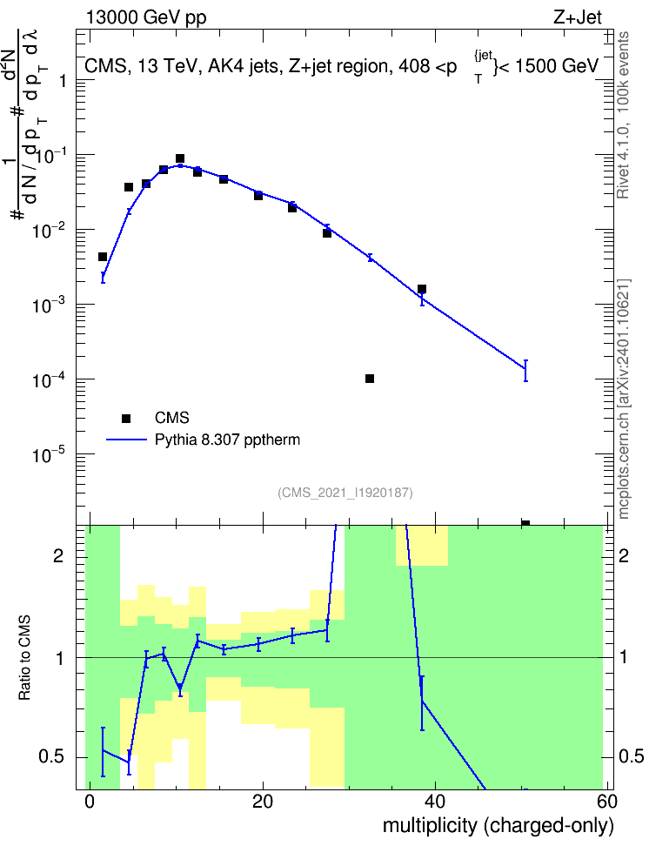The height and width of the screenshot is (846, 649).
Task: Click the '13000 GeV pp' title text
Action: pos(146,17)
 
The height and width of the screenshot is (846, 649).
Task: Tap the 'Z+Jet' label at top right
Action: pos(578,17)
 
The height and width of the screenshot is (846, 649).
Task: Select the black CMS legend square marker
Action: pos(126,418)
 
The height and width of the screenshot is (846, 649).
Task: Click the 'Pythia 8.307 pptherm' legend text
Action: pos(227,440)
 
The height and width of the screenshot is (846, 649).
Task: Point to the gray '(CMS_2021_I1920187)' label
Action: pos(345,493)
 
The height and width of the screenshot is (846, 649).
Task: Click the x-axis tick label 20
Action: pos(262,802)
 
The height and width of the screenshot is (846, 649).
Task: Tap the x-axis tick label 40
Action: pos(435,802)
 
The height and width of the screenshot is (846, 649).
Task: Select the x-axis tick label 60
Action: pos(607,802)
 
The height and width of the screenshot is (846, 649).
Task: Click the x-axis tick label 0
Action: pos(90,802)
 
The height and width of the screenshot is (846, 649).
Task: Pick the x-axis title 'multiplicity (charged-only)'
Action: pos(498,826)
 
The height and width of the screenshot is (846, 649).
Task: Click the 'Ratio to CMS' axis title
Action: pos(24,658)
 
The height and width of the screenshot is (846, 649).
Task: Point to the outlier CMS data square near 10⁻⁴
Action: pos(370,379)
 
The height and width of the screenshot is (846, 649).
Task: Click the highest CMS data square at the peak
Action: pos(180,158)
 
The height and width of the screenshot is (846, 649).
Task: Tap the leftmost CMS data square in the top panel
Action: pos(103,257)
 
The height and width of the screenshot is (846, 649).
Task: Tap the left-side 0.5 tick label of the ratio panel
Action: pos(51,756)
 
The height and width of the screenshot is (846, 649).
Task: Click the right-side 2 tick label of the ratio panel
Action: pos(624,555)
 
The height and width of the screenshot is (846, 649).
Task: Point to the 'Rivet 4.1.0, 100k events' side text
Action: pos(623,115)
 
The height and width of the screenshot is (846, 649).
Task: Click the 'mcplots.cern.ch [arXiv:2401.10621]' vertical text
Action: pos(623,399)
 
